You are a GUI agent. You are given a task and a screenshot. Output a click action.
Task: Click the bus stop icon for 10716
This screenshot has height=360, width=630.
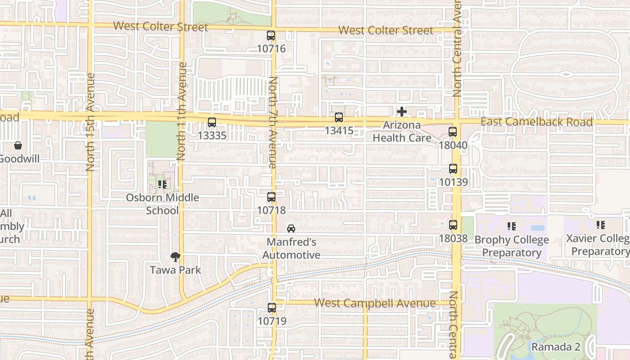pyautogui.click(x=271, y=36)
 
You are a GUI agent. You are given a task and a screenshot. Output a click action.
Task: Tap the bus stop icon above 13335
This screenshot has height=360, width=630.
pyautogui.click(x=211, y=122)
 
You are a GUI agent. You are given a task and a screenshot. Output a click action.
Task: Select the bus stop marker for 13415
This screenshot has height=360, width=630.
pyautogui.click(x=339, y=118)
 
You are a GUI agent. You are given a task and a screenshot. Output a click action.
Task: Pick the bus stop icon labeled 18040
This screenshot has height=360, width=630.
pyautogui.click(x=453, y=132)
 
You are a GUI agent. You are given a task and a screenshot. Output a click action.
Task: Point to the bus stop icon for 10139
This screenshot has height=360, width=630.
pyautogui.click(x=453, y=169)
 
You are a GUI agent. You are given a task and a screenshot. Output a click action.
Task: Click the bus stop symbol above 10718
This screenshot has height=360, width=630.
pyautogui.click(x=271, y=197)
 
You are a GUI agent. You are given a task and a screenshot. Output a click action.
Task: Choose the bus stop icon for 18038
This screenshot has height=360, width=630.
pyautogui.click(x=453, y=225)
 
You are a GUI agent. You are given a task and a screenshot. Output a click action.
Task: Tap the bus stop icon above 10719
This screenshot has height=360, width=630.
pyautogui.click(x=271, y=308)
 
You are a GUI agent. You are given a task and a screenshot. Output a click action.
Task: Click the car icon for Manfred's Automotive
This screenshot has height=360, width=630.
pyautogui.click(x=291, y=229)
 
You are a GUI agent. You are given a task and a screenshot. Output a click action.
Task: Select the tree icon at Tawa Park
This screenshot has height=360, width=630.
pyautogui.click(x=175, y=257)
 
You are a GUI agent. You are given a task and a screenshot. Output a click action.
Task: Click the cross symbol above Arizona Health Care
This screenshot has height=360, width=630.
pyautogui.click(x=402, y=112)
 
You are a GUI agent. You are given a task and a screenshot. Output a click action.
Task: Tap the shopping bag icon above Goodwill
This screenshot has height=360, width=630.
pyautogui.click(x=18, y=145)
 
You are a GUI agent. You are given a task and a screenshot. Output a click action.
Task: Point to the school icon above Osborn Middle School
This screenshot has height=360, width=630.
pyautogui.click(x=162, y=184)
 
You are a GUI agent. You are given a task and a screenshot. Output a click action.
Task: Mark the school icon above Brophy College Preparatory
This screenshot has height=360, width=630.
pyautogui.click(x=511, y=226)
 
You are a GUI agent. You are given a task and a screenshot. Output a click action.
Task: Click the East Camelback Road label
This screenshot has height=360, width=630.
pyautogui.click(x=536, y=122)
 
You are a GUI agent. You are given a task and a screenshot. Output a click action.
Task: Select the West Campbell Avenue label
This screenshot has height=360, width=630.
pyautogui.click(x=375, y=303)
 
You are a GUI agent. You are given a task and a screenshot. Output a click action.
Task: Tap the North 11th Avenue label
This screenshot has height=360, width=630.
pyautogui.click(x=182, y=112)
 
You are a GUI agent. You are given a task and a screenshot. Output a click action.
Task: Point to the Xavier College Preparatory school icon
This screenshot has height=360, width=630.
pyautogui.click(x=600, y=225)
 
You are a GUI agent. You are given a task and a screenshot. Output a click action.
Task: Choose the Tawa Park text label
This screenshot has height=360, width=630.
pyautogui.click(x=175, y=270)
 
